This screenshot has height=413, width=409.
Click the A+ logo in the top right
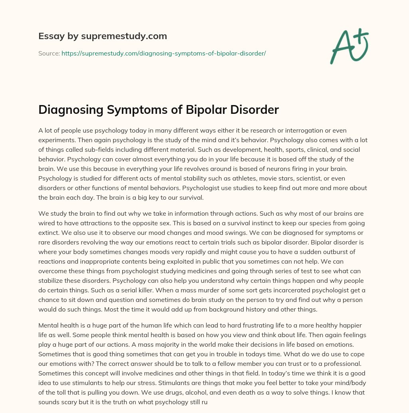[x=349, y=46]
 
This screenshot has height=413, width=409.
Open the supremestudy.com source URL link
[x=163, y=53]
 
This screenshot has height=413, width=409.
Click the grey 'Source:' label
[x=49, y=53]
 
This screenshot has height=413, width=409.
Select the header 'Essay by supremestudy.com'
[x=102, y=36]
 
